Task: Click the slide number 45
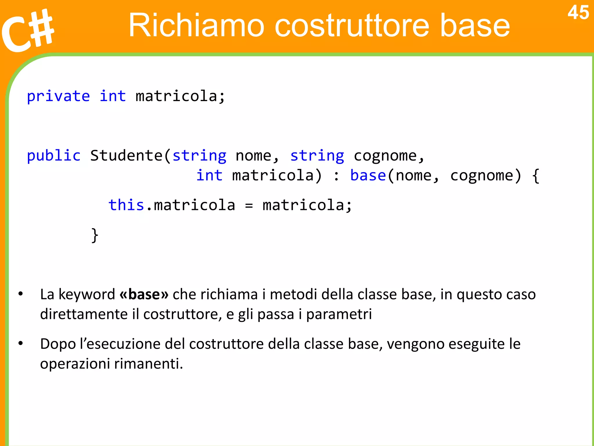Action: click(578, 13)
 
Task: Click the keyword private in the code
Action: click(58, 96)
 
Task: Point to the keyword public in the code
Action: click(54, 156)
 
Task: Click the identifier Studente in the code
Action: click(126, 156)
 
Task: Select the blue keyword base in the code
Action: click(368, 175)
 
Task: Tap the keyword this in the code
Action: click(126, 205)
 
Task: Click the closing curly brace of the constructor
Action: click(95, 235)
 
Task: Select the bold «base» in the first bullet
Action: click(144, 294)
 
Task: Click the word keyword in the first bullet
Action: click(87, 294)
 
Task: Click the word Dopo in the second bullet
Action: click(58, 344)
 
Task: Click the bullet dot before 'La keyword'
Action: click(20, 294)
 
